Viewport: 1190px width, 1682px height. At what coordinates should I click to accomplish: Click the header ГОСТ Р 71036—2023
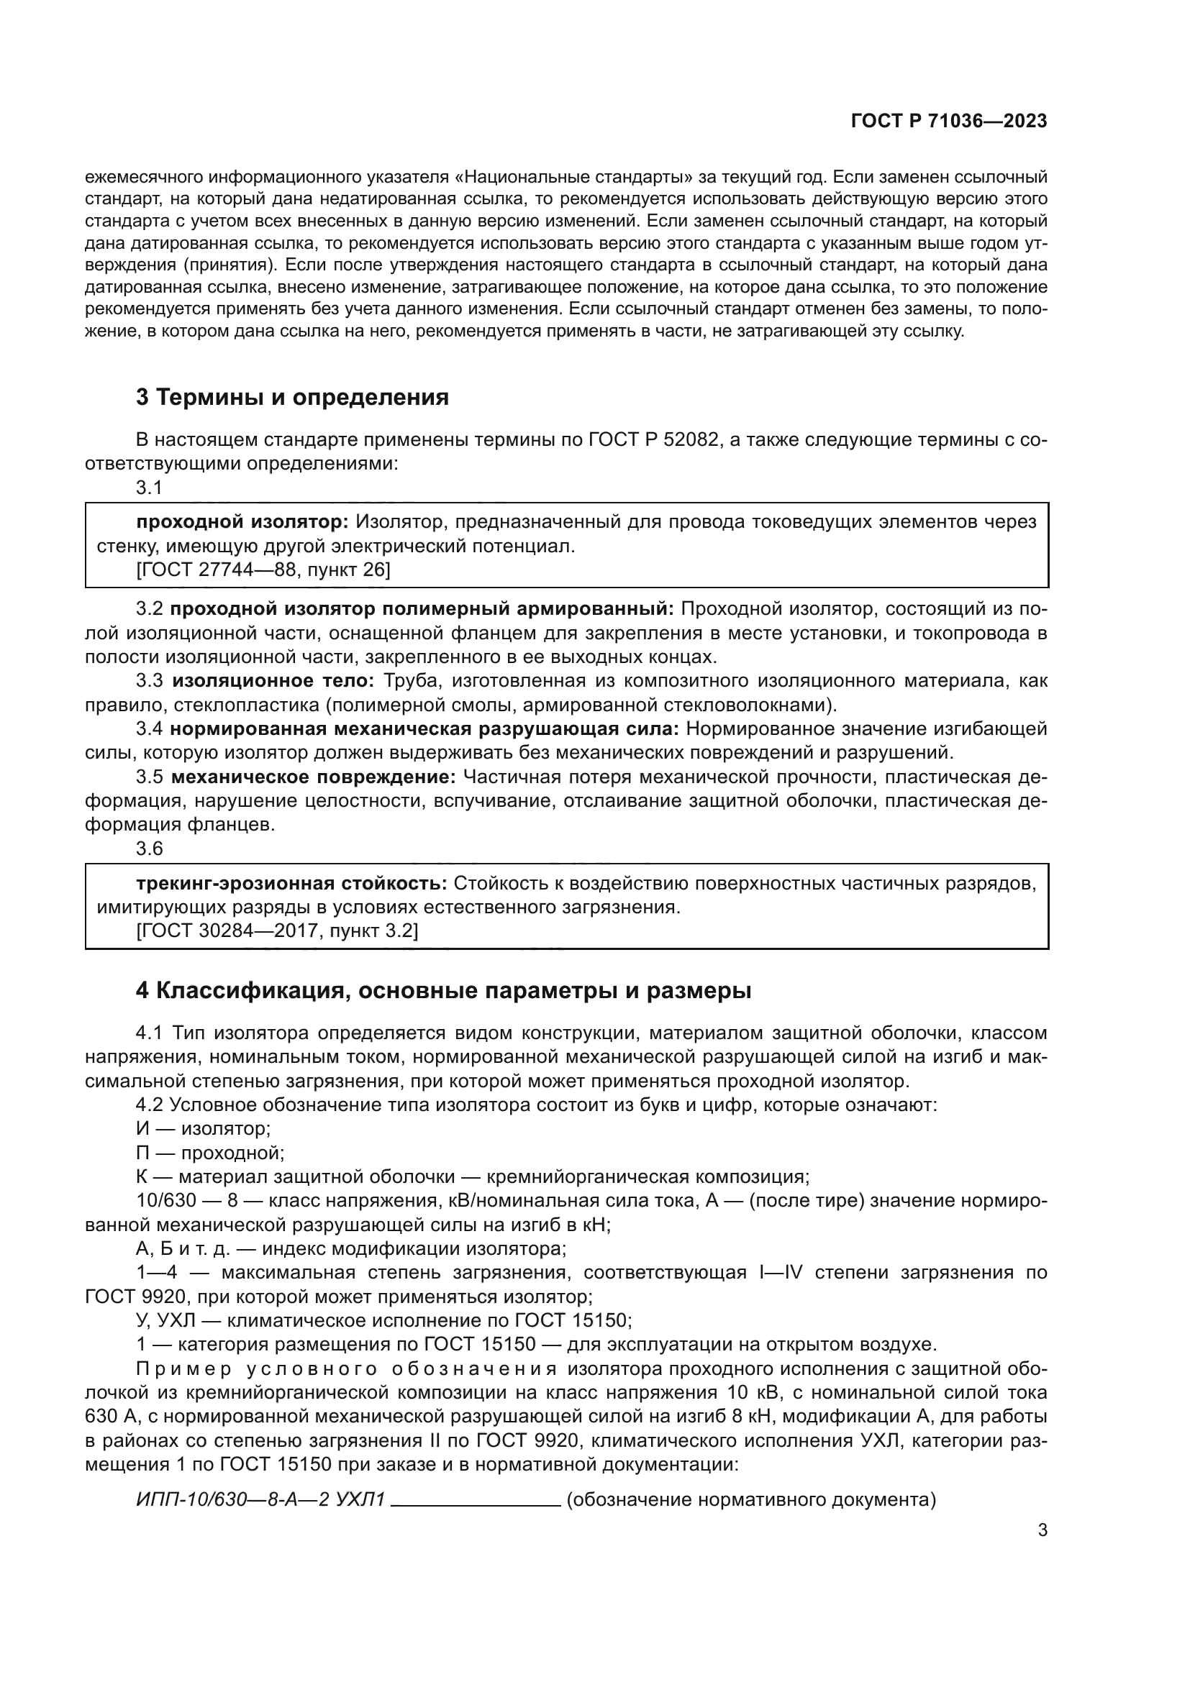pyautogui.click(x=949, y=122)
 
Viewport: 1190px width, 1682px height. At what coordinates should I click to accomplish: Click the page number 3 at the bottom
pyautogui.click(x=1043, y=1530)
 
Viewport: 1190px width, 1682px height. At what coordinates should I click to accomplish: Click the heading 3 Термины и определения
pyautogui.click(x=292, y=398)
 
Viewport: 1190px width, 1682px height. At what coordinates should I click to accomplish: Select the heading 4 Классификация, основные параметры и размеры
pyautogui.click(x=443, y=990)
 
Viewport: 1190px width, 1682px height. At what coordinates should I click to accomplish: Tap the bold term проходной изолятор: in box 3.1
pyautogui.click(x=242, y=521)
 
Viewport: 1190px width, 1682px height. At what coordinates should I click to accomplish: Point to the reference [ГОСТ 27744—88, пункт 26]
pyautogui.click(x=263, y=570)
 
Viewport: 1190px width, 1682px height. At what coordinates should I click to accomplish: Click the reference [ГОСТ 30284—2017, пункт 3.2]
pyautogui.click(x=277, y=931)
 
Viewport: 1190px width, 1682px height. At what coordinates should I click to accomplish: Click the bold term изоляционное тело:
pyautogui.click(x=273, y=680)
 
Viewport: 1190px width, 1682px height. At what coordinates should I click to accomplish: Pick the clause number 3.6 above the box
pyautogui.click(x=150, y=849)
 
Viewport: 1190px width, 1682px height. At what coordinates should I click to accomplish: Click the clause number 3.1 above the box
pyautogui.click(x=149, y=487)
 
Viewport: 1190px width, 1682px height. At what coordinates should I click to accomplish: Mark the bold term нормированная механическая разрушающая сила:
pyautogui.click(x=424, y=729)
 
